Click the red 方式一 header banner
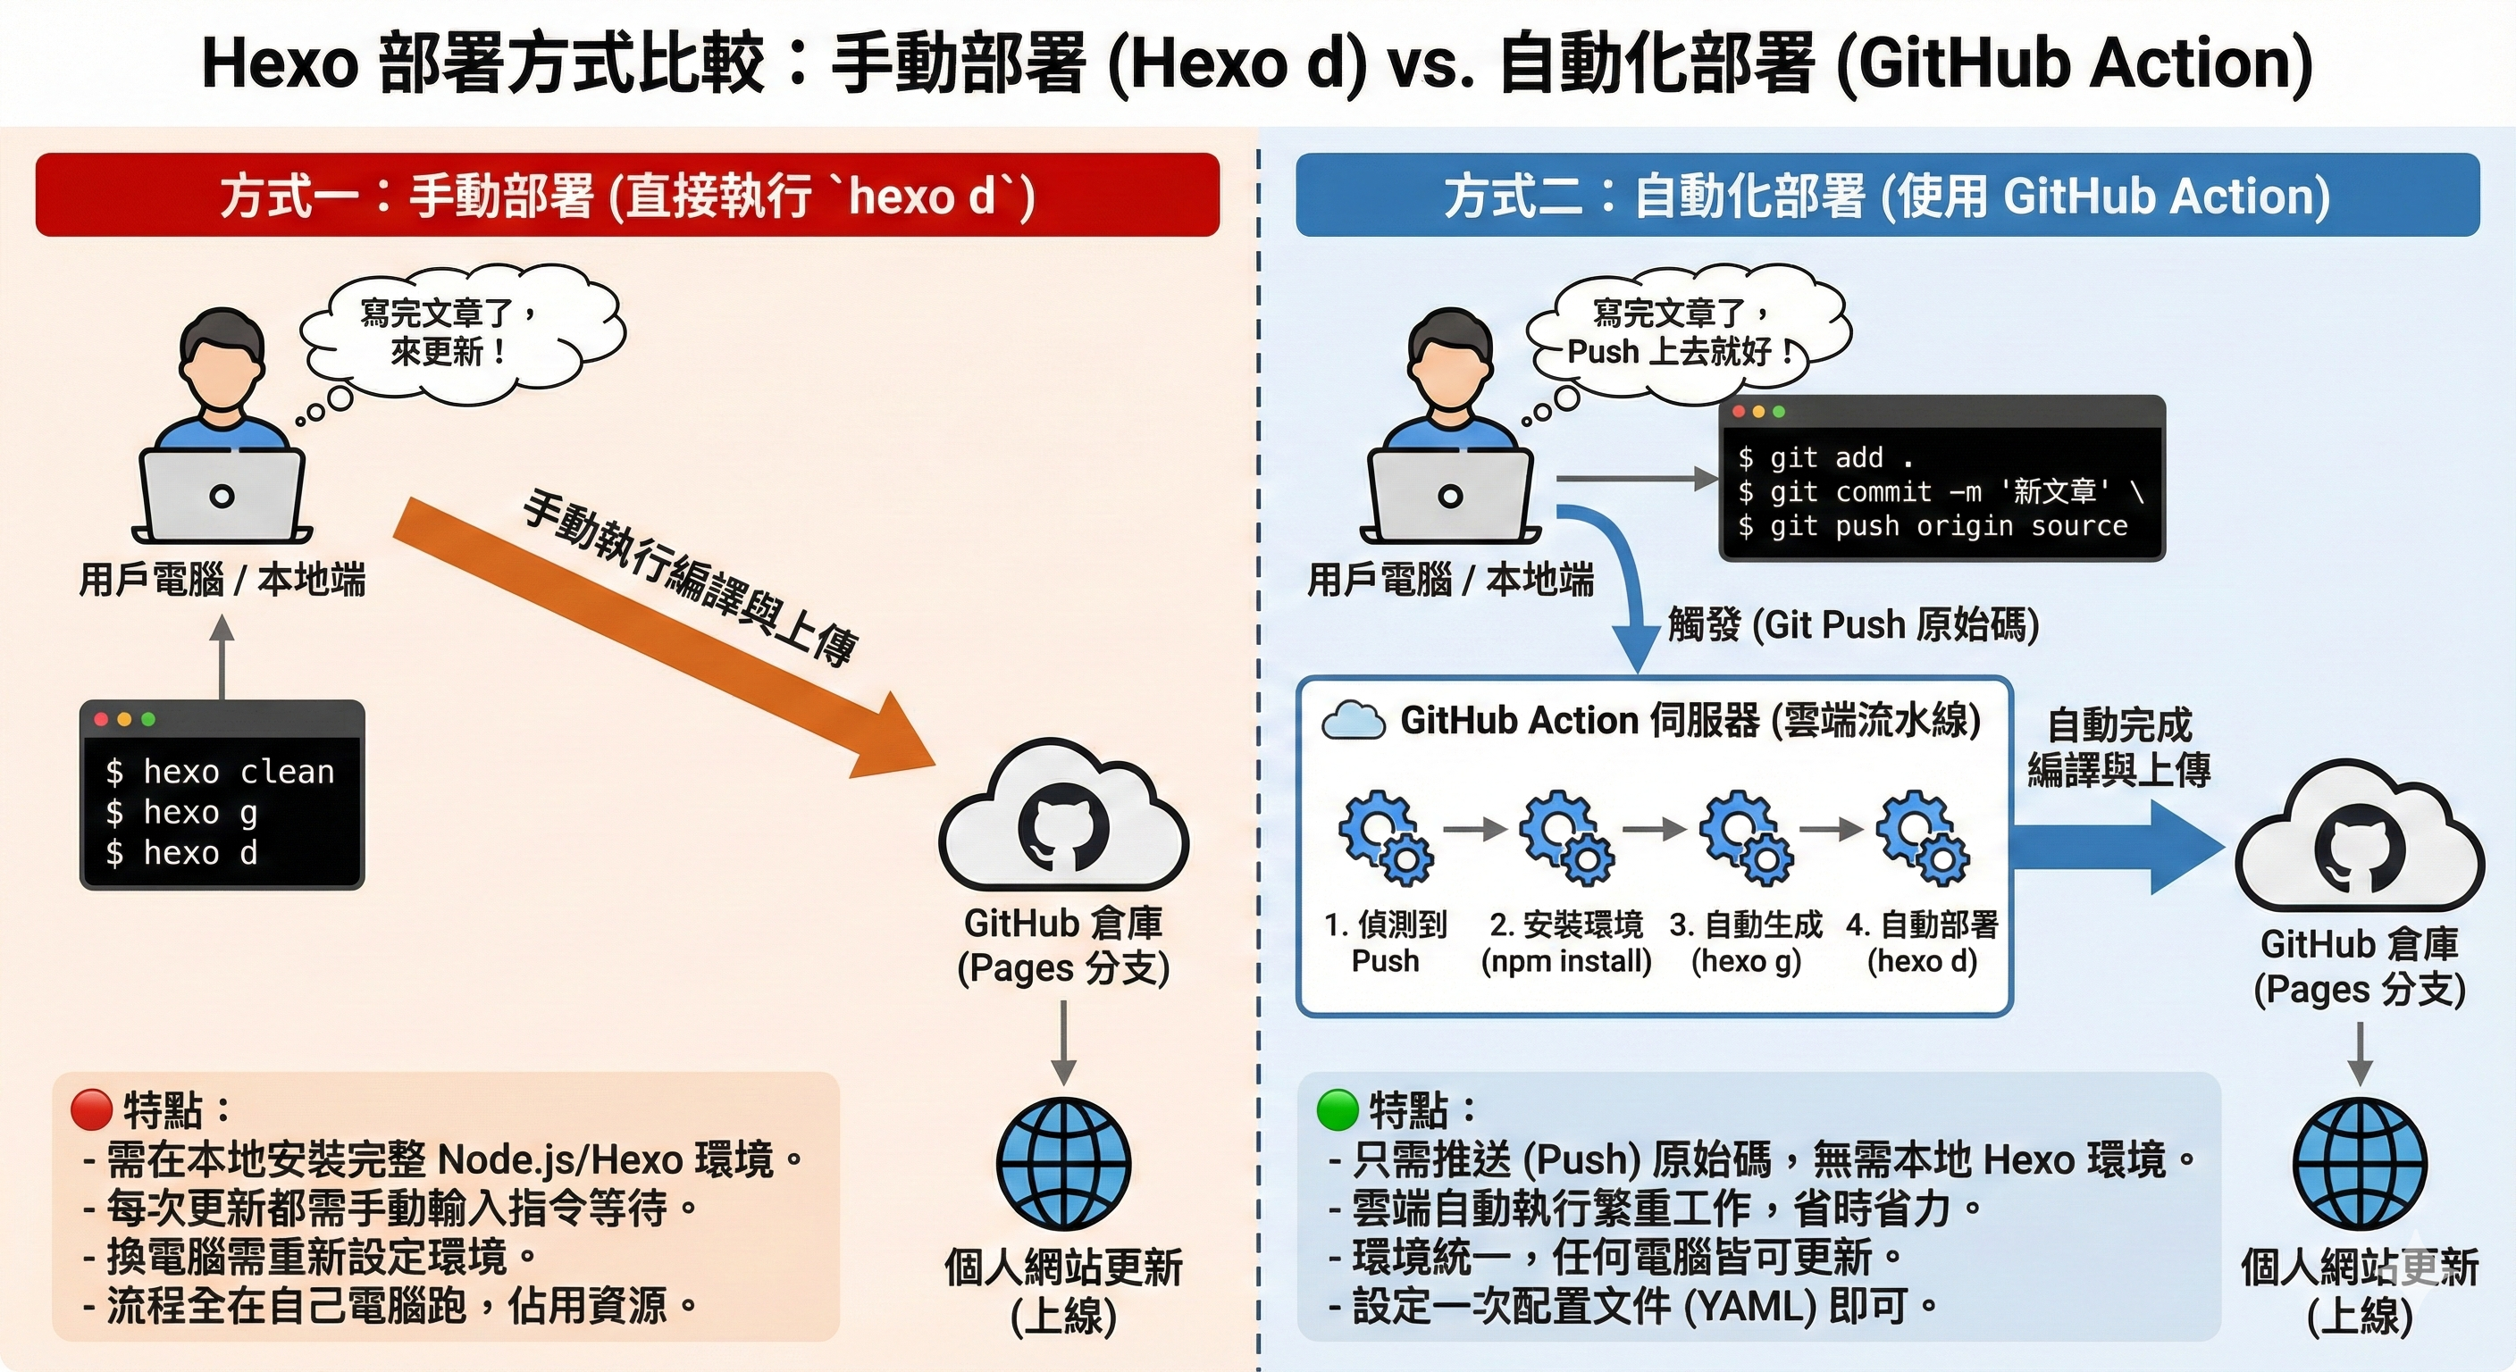[x=627, y=196]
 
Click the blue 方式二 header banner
[x=1886, y=196]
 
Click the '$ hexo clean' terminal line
[x=220, y=773]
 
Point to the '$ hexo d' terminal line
[x=181, y=853]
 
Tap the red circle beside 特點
[x=92, y=1109]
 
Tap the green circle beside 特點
[x=1338, y=1109]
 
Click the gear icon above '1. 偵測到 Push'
[x=1385, y=839]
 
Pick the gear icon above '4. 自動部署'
[x=1922, y=839]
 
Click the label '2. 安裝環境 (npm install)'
[x=1565, y=942]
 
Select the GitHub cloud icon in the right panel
[x=2359, y=840]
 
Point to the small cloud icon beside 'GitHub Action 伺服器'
[x=1353, y=722]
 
